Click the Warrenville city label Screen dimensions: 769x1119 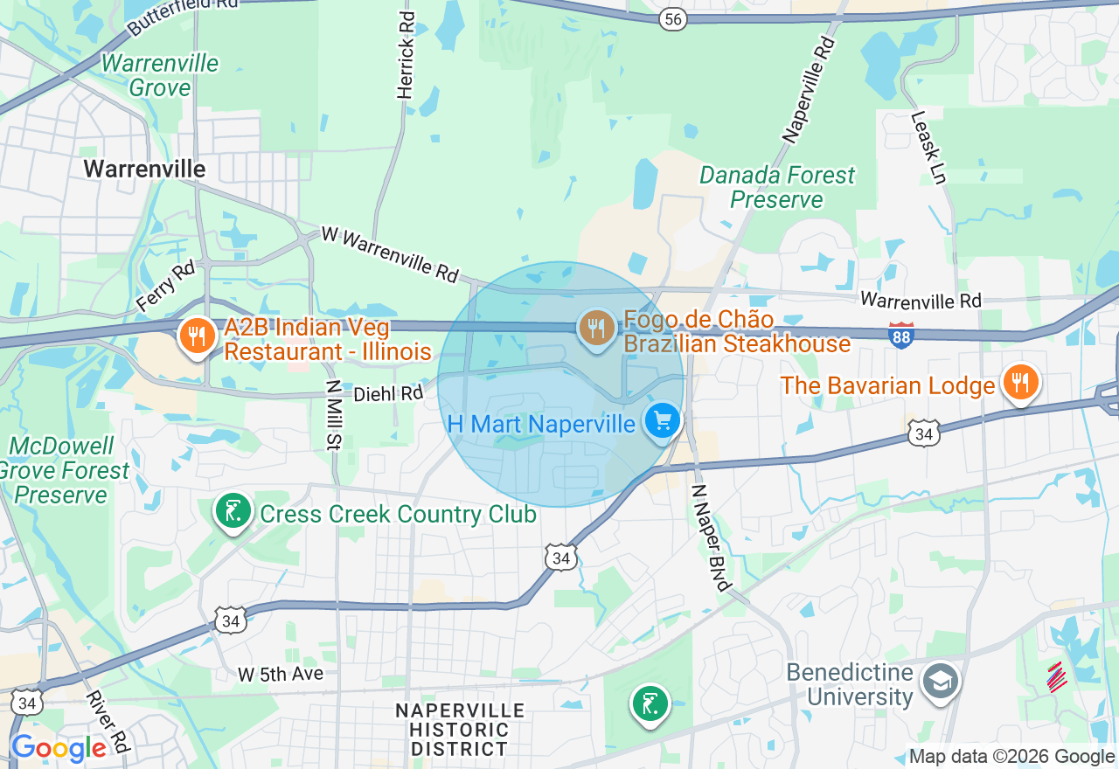tap(145, 169)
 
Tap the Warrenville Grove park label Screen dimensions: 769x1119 tap(160, 76)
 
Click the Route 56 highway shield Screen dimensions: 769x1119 tap(673, 20)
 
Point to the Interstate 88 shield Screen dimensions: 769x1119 tap(901, 335)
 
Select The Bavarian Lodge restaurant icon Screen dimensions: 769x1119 tap(1019, 383)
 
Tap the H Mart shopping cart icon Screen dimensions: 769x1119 tap(662, 422)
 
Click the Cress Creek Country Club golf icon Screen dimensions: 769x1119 tap(233, 511)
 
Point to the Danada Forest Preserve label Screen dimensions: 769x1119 tap(777, 188)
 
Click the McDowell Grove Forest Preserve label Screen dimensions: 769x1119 tap(63, 471)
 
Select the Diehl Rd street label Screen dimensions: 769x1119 tap(388, 395)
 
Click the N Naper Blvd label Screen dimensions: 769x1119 tap(709, 537)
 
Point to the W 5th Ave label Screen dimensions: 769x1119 tap(281, 674)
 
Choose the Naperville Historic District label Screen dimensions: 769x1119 tap(460, 730)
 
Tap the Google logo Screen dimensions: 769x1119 tap(59, 749)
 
